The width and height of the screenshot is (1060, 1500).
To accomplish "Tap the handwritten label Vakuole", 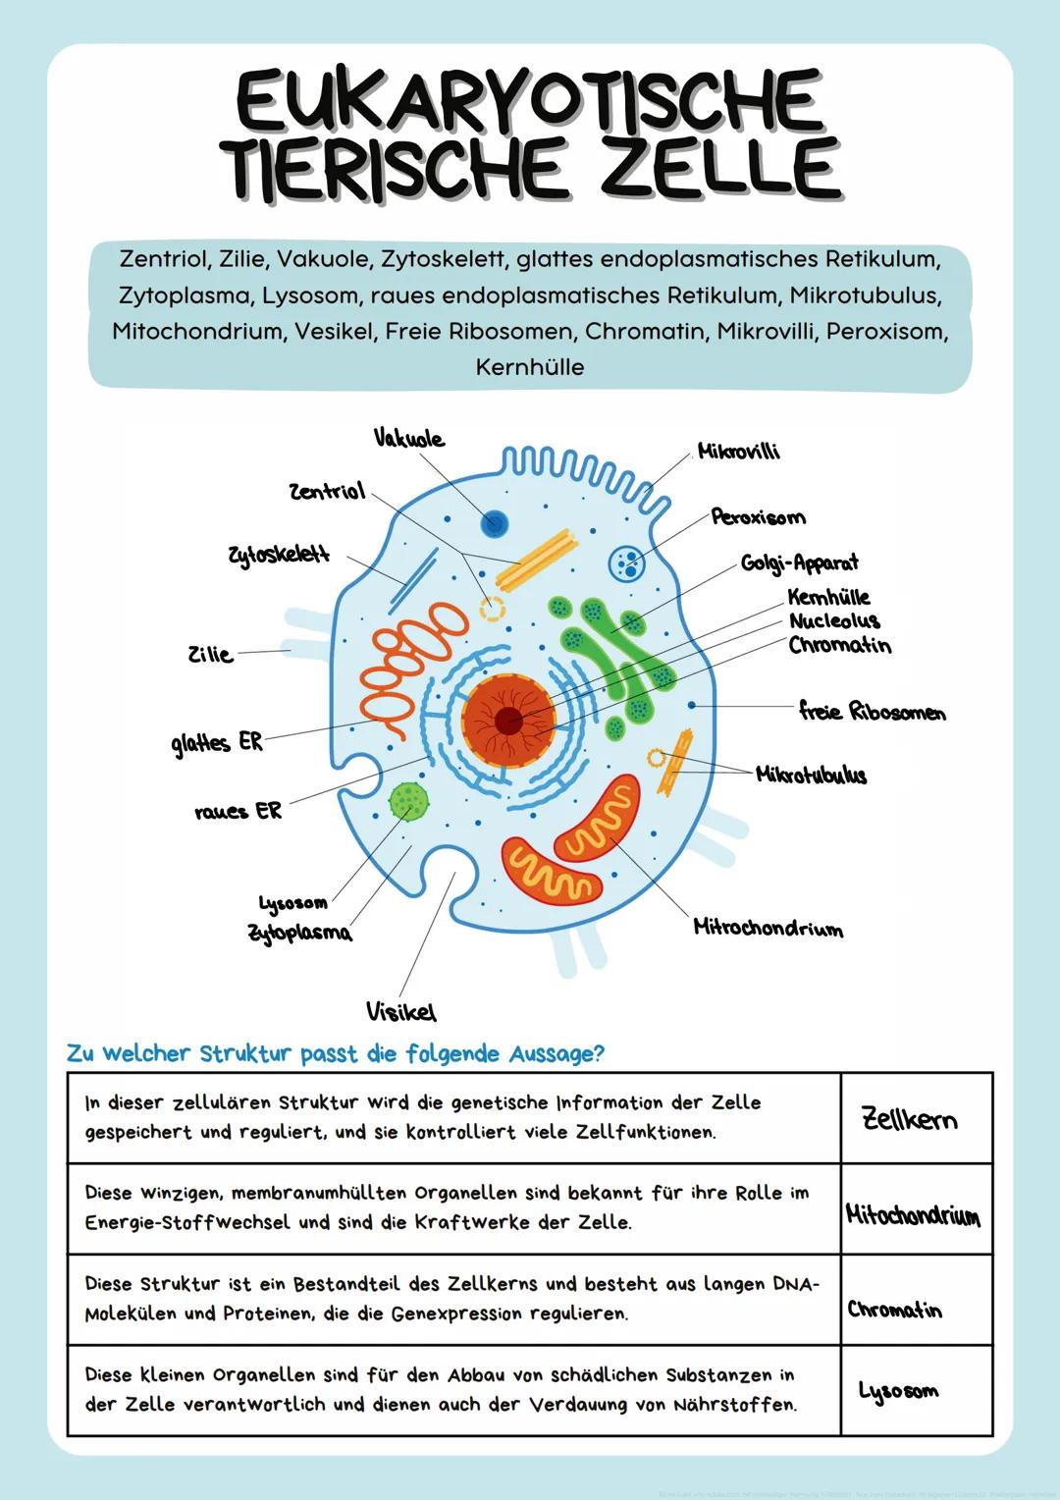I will [408, 438].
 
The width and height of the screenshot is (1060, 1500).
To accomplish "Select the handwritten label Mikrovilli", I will [738, 451].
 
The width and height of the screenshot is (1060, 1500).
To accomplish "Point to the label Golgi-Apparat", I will [799, 562].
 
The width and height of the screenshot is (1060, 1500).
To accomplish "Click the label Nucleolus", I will [834, 620].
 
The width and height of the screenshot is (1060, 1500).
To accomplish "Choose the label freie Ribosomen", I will [872, 711].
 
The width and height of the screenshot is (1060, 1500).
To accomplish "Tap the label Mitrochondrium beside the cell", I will [768, 928].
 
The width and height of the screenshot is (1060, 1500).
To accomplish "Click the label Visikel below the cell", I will [400, 1011].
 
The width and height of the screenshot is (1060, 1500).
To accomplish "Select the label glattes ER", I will [217, 743].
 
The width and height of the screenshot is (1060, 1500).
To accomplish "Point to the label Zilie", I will [210, 654].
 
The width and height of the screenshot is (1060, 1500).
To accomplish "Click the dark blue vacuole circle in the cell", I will [495, 523].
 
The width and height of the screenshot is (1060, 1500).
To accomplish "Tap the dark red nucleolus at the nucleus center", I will [507, 722].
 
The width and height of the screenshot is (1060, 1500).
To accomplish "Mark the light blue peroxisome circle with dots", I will [626, 562].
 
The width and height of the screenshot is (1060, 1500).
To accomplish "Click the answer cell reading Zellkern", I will [909, 1118].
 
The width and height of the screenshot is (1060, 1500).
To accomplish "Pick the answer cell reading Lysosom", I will [898, 1391].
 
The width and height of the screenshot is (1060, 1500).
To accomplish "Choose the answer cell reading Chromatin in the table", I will [894, 1310].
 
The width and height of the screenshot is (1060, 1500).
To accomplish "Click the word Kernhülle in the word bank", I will [529, 367].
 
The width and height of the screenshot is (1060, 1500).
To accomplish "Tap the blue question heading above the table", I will [335, 1053].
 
